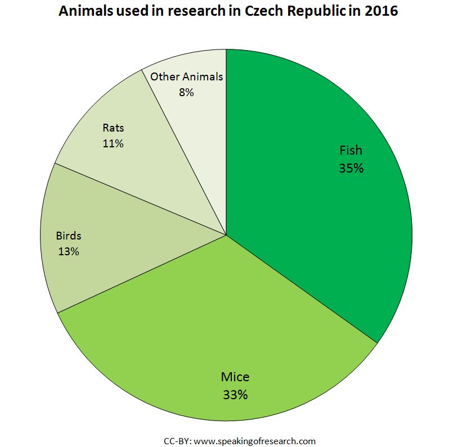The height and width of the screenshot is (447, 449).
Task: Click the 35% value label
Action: (x=351, y=168)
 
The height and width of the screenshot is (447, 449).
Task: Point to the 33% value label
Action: (x=235, y=394)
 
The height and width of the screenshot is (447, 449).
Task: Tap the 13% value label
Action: (x=68, y=251)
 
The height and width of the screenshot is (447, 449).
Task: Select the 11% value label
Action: (x=113, y=143)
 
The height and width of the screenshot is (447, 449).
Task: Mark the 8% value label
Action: (x=186, y=92)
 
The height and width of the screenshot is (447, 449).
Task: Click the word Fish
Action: (x=351, y=151)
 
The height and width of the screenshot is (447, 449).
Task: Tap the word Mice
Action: (x=235, y=377)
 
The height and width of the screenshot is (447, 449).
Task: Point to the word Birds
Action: (x=68, y=236)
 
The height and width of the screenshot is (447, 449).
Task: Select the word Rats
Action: (x=113, y=128)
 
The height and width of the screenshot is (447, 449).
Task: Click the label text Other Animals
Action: (x=186, y=77)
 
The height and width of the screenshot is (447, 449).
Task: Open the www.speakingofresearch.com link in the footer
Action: (x=254, y=440)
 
